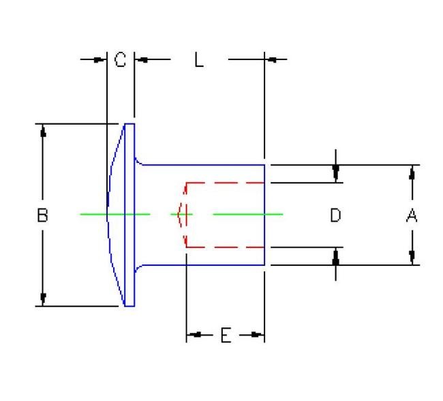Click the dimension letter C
coord(120,60)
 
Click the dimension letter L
coord(198,60)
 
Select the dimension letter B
coord(42,216)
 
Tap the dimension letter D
coord(335,216)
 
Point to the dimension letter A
coord(411,216)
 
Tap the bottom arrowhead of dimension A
coord(412,258)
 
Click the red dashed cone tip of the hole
coord(178,215)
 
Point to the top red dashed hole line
coord(225,183)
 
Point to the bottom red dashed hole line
coord(225,247)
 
